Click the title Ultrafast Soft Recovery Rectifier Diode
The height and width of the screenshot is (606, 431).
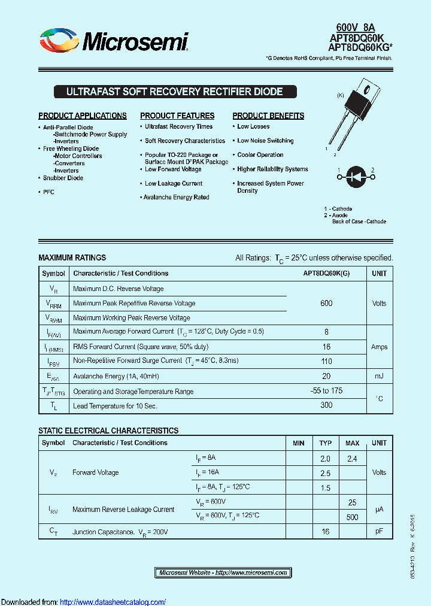click(x=174, y=92)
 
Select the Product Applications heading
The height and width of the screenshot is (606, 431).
click(x=83, y=116)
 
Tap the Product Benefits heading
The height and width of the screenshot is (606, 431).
click(x=268, y=116)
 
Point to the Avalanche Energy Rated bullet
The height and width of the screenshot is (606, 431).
click(x=176, y=198)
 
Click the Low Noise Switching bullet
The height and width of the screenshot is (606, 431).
click(x=265, y=141)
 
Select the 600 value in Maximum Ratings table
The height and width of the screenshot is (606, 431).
click(x=326, y=304)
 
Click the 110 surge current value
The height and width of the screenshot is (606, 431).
click(x=326, y=361)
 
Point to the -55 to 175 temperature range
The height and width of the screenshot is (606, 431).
click(x=326, y=391)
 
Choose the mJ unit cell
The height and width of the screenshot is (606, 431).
click(x=379, y=376)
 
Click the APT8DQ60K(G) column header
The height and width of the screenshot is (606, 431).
click(x=326, y=274)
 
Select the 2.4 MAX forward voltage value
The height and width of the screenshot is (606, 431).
click(x=352, y=459)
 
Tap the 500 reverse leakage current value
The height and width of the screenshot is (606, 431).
click(x=352, y=516)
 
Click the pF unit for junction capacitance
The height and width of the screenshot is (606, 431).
click(x=379, y=531)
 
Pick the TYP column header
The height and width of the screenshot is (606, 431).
click(x=325, y=443)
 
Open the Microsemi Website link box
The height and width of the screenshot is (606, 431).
click(x=223, y=573)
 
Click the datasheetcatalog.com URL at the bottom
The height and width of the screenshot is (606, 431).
click(x=113, y=602)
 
